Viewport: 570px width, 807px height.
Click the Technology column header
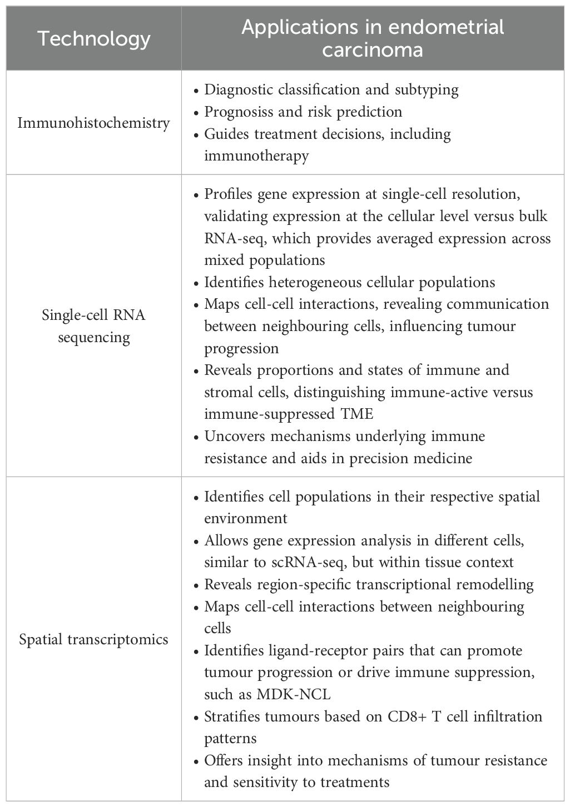click(94, 39)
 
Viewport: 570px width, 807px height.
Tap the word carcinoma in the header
click(372, 50)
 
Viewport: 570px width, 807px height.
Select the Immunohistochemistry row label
click(93, 123)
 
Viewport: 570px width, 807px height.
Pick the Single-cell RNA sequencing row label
click(93, 326)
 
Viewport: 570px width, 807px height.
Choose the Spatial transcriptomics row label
click(93, 639)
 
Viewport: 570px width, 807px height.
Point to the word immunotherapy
click(256, 156)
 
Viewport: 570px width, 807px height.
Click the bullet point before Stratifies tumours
click(195, 717)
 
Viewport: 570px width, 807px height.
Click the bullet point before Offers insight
click(195, 761)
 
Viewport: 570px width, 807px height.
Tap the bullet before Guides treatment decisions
click(195, 134)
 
